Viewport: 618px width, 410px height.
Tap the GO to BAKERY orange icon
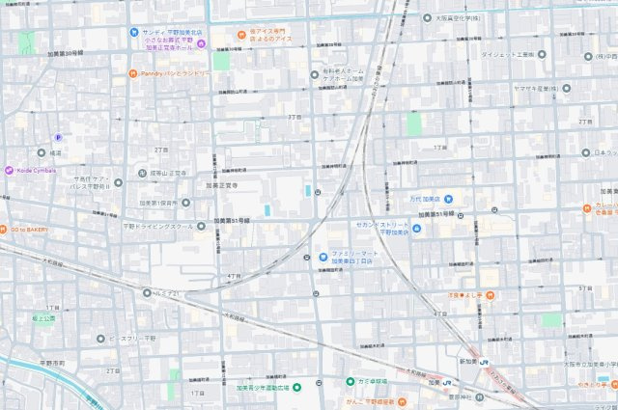(5, 230)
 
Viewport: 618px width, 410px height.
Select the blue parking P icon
(56, 139)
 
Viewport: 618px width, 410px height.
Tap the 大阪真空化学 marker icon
(427, 17)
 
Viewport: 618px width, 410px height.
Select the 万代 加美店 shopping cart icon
(448, 200)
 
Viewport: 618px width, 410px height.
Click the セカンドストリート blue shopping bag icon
(416, 229)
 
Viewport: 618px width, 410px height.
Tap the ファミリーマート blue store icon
(323, 257)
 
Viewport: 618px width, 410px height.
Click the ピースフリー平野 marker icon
(99, 339)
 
